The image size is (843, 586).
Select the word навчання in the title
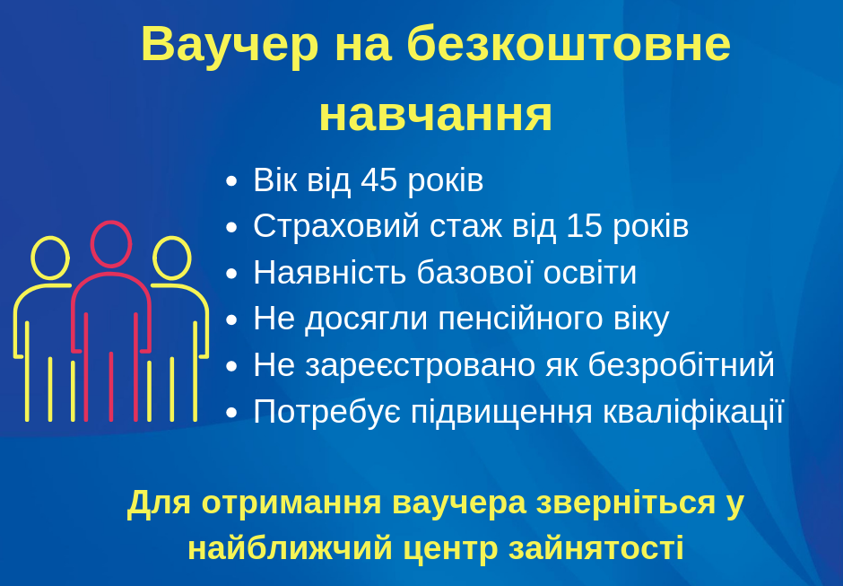tap(436, 115)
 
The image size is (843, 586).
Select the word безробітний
tap(681, 365)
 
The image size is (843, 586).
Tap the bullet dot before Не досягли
tap(231, 319)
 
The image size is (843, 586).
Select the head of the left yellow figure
tap(50, 237)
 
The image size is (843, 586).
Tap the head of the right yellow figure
tap(172, 237)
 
